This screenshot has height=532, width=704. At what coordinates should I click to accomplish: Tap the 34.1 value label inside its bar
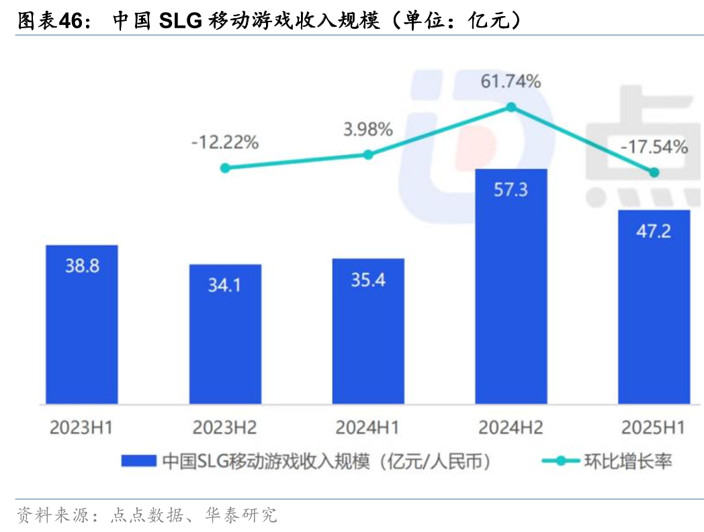click(x=224, y=285)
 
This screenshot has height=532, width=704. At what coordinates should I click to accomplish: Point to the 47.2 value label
click(x=654, y=231)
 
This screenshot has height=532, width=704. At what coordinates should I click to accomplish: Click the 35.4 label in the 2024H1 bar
click(x=367, y=279)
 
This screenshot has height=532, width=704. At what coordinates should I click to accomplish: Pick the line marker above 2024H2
click(x=511, y=107)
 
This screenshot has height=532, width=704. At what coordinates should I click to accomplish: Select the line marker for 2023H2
click(x=225, y=168)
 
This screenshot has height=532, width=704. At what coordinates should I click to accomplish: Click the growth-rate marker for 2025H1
click(x=654, y=173)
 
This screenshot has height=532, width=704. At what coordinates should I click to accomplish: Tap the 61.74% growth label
click(x=511, y=82)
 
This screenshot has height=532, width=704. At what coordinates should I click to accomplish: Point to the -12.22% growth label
click(x=224, y=142)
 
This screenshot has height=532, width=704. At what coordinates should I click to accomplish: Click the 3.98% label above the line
click(x=367, y=129)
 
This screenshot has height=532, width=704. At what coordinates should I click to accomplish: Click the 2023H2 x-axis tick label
click(x=224, y=427)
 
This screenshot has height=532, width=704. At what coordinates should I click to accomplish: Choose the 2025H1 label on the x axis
click(x=654, y=427)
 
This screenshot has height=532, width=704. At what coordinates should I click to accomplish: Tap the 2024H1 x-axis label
click(x=367, y=427)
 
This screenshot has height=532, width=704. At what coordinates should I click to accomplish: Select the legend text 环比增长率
click(x=627, y=461)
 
